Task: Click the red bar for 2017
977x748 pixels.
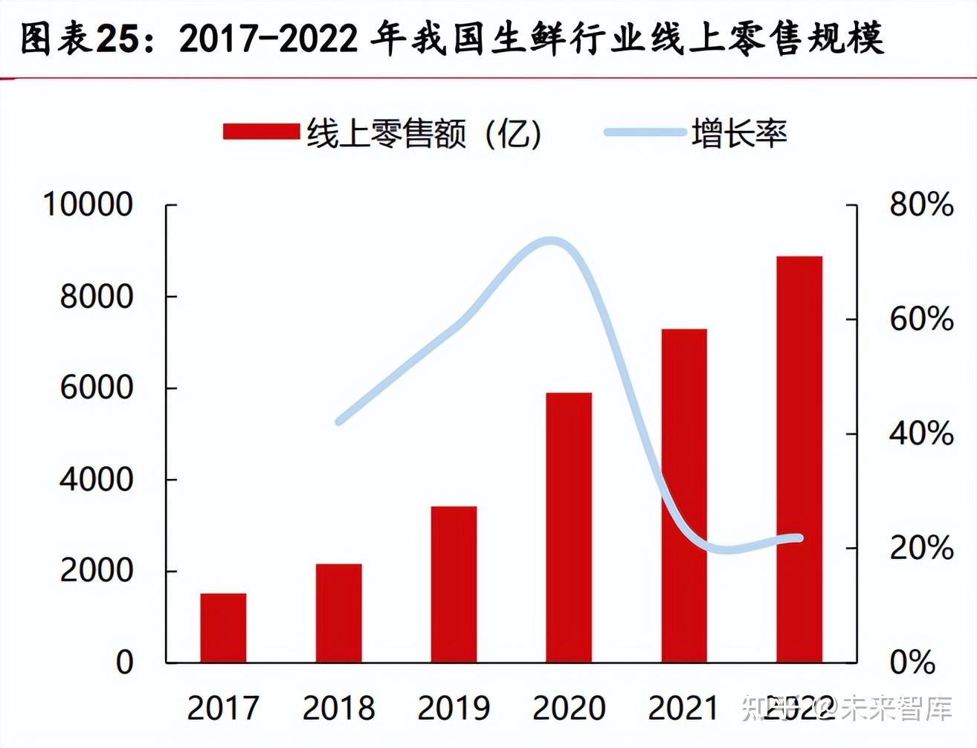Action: pyautogui.click(x=223, y=628)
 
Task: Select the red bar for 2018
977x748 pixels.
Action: pyautogui.click(x=338, y=613)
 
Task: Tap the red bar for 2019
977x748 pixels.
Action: pyautogui.click(x=454, y=584)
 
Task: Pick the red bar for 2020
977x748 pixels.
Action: pyautogui.click(x=569, y=527)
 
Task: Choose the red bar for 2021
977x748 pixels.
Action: pyautogui.click(x=684, y=495)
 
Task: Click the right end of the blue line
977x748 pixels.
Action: pyautogui.click(x=800, y=538)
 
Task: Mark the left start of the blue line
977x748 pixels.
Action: pyautogui.click(x=339, y=422)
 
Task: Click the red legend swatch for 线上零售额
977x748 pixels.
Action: pyautogui.click(x=261, y=132)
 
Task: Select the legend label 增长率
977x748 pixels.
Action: pyautogui.click(x=738, y=134)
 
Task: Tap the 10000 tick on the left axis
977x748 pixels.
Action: pyautogui.click(x=88, y=204)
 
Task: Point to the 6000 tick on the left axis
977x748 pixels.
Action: pyautogui.click(x=96, y=387)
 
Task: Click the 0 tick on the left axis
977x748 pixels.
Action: pyautogui.click(x=124, y=662)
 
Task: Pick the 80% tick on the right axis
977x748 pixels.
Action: pyautogui.click(x=921, y=204)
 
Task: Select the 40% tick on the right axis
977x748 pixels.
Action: pyautogui.click(x=921, y=433)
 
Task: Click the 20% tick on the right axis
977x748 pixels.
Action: pyautogui.click(x=921, y=548)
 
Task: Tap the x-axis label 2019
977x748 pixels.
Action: pyautogui.click(x=454, y=708)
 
